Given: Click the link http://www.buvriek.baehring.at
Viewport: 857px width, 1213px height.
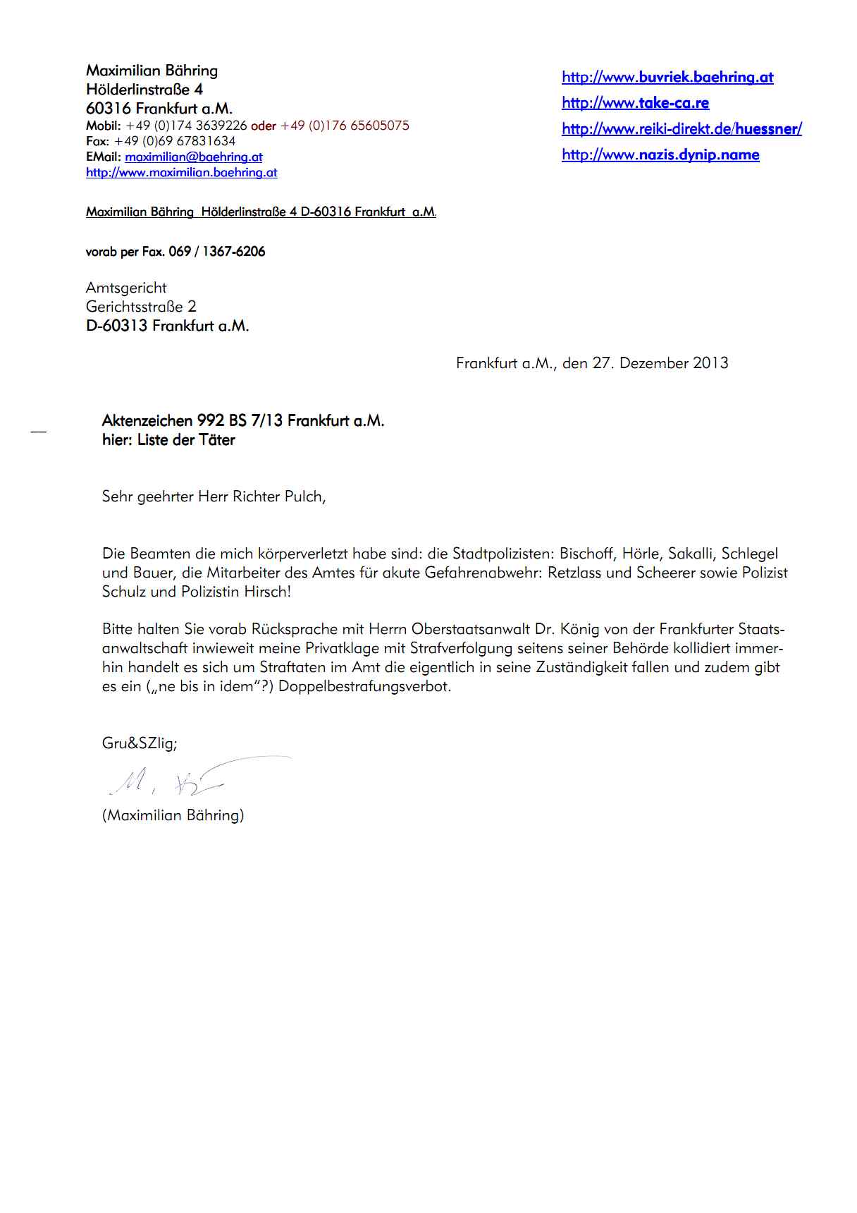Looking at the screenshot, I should point(667,78).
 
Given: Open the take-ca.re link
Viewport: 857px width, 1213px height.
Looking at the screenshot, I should point(635,103).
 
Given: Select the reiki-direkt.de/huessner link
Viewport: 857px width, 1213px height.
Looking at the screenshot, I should point(682,129).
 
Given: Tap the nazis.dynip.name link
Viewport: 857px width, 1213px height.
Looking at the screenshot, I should point(660,155).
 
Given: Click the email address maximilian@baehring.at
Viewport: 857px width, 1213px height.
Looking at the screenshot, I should point(194,157).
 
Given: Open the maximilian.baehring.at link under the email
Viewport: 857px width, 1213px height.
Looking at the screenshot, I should point(182,173).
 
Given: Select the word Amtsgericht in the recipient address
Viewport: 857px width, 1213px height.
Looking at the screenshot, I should point(126,288).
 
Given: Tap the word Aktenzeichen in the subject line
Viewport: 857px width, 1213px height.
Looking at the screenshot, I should point(147,421).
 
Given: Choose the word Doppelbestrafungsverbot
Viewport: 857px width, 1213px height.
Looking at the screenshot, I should point(364,686).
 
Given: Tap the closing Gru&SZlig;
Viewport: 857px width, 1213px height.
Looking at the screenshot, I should point(140,743).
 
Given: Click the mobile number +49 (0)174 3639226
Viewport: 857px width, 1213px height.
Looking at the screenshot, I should point(186,126).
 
